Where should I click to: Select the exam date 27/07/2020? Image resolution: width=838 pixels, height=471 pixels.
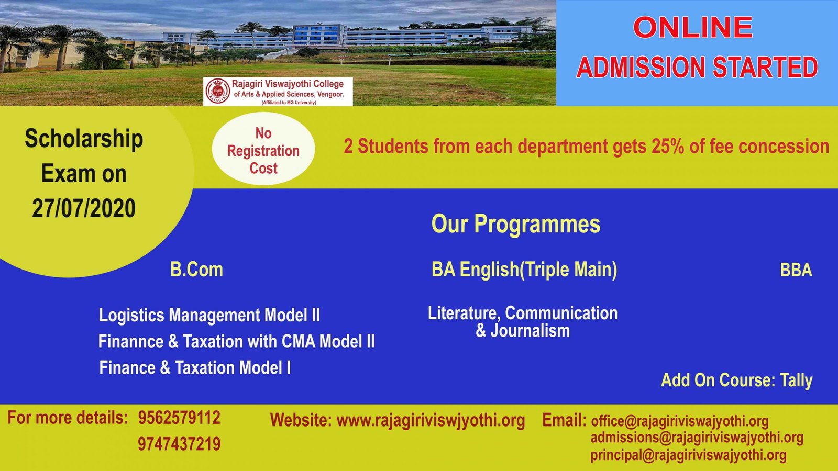(84, 208)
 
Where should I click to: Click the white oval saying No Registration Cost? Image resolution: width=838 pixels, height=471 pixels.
(263, 149)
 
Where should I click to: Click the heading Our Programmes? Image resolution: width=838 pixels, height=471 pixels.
(516, 224)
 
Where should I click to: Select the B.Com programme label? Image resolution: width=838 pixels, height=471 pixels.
(196, 270)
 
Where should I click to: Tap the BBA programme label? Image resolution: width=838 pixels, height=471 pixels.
(796, 270)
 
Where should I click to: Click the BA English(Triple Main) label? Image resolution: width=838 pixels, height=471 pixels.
(524, 270)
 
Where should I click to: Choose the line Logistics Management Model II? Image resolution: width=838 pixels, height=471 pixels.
(210, 315)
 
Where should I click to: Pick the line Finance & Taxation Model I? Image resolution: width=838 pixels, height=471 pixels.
(195, 368)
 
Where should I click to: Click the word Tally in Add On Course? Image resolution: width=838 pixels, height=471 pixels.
(796, 380)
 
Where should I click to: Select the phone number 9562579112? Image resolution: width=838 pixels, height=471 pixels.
(179, 418)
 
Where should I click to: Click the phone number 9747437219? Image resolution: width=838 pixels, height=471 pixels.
(179, 444)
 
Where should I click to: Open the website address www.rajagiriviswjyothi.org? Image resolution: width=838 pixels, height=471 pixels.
(431, 421)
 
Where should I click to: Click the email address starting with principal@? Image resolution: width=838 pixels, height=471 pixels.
(688, 456)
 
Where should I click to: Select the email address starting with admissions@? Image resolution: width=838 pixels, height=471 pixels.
(697, 438)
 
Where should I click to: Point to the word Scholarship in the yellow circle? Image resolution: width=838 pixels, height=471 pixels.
(84, 139)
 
